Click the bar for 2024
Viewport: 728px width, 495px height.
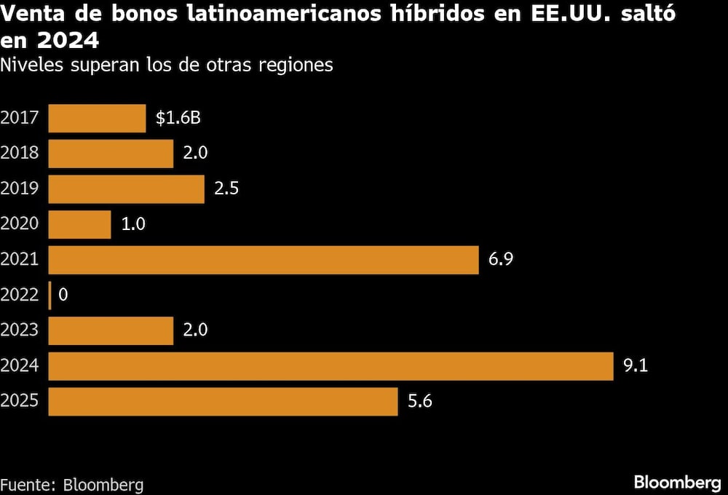(331, 366)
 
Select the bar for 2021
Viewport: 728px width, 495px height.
(264, 260)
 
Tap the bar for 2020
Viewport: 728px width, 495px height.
(79, 225)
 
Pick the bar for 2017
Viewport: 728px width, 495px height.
(97, 119)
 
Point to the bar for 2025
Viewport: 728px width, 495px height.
(223, 401)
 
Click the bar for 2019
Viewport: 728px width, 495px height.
(126, 189)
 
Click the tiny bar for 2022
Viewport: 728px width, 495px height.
(50, 296)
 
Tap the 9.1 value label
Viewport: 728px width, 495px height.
(636, 366)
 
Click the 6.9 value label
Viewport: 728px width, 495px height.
(501, 260)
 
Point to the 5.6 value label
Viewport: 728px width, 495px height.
(420, 401)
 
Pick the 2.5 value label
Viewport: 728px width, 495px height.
(226, 189)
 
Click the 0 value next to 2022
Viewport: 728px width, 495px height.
(63, 296)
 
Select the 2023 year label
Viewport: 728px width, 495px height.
(20, 330)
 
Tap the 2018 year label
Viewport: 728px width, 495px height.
(20, 154)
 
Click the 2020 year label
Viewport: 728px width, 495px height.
(20, 225)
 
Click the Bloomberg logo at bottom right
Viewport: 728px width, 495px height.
(677, 482)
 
